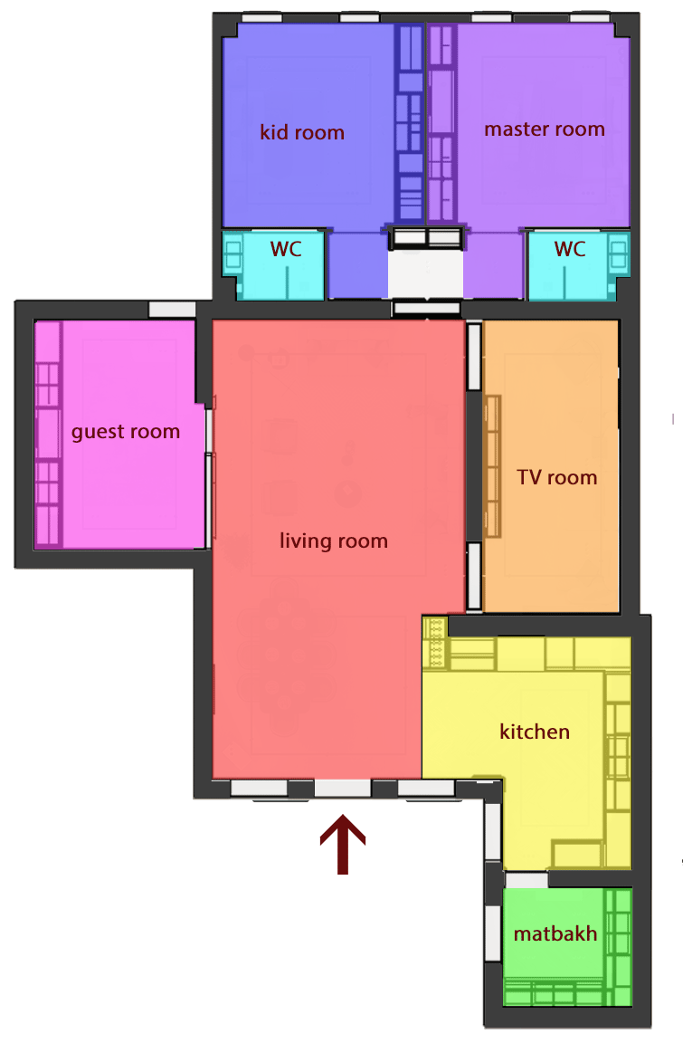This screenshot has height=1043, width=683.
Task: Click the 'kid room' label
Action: [x=302, y=132]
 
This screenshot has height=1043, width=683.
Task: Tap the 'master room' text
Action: [x=545, y=129]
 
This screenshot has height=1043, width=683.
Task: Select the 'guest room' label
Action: [x=126, y=433]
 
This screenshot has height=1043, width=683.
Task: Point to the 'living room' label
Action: [x=334, y=541]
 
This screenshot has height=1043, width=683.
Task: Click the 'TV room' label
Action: [x=556, y=477]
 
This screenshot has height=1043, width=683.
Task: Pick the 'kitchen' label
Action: [x=535, y=732]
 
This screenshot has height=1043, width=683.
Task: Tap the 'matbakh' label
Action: [x=555, y=933]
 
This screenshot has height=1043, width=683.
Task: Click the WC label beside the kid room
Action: [x=286, y=249]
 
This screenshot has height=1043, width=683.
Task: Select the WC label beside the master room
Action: [x=570, y=249]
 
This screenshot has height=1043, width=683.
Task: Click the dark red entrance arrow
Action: [x=343, y=844]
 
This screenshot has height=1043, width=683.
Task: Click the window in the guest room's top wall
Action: [x=172, y=310]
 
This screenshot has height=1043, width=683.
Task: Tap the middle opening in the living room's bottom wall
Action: [x=342, y=789]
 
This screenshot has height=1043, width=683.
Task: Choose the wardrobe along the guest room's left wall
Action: [x=48, y=434]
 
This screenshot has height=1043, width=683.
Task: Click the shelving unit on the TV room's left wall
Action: [x=492, y=466]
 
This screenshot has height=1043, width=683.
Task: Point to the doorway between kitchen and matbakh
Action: [x=526, y=880]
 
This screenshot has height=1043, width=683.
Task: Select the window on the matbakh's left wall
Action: [x=493, y=933]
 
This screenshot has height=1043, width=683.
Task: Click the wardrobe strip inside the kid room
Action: [x=409, y=124]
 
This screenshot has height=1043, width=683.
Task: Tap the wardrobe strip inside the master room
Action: [x=441, y=124]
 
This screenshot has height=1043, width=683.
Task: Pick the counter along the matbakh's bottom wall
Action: [x=555, y=992]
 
